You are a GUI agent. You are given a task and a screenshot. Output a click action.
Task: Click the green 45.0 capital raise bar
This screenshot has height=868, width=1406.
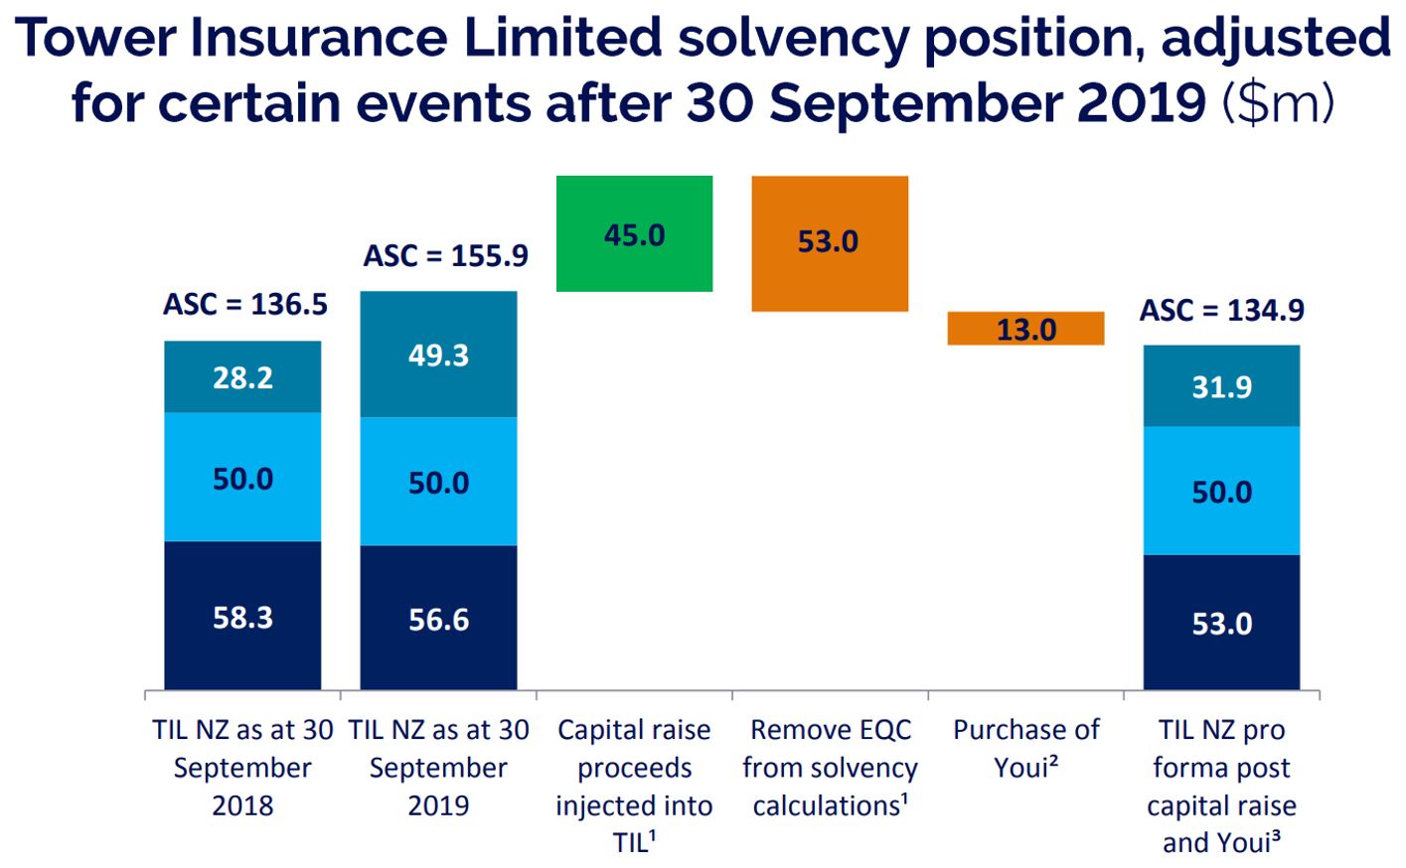click(x=634, y=234)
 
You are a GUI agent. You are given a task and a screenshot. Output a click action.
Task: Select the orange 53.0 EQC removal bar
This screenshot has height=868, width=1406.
click(x=829, y=243)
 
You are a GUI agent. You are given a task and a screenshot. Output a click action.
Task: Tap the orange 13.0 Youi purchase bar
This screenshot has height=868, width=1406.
click(x=1025, y=329)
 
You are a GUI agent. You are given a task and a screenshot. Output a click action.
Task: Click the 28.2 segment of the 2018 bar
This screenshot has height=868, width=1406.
click(x=242, y=376)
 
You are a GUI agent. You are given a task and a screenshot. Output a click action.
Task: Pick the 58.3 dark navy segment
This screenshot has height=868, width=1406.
click(x=242, y=616)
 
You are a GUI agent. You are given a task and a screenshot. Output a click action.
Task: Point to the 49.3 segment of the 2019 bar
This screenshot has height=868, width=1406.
click(x=438, y=355)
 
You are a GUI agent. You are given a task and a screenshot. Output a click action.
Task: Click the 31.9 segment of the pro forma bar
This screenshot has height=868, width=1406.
click(x=1221, y=386)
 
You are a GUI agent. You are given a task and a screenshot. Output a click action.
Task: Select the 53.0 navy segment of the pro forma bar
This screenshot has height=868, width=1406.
click(x=1221, y=623)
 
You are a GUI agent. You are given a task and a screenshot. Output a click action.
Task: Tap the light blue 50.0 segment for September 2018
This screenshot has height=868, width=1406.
click(x=242, y=478)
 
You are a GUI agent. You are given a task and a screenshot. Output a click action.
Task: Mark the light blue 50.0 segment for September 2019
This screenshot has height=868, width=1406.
click(x=438, y=482)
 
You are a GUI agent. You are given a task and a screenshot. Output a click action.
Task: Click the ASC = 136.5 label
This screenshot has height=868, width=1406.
click(x=245, y=304)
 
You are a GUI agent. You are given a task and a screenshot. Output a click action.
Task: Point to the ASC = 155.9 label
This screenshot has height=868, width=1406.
click(x=446, y=256)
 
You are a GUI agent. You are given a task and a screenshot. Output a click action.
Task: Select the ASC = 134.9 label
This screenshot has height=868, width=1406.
click(x=1221, y=311)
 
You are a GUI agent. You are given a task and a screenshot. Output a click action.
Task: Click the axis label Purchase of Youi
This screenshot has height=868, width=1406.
click(x=1025, y=748)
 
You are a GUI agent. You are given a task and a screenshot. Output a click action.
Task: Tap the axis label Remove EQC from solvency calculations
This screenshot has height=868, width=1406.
click(x=830, y=767)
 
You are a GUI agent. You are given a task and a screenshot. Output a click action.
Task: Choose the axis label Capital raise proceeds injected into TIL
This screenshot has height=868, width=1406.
click(x=634, y=785)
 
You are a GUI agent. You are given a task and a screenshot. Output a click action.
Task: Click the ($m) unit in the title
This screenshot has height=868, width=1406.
click(x=1279, y=103)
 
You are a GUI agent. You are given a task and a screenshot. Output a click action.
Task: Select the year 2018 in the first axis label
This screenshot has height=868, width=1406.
click(x=242, y=804)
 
